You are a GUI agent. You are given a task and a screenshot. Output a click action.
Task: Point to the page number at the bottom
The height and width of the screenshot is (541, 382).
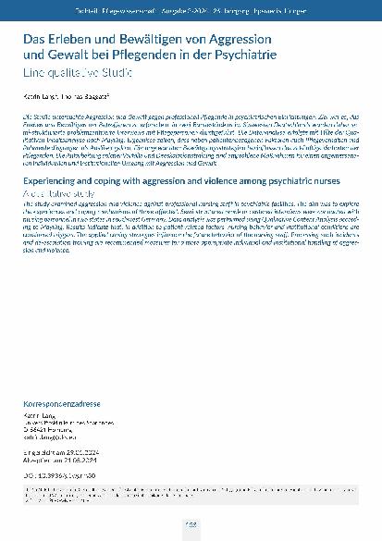pos(191,524)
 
